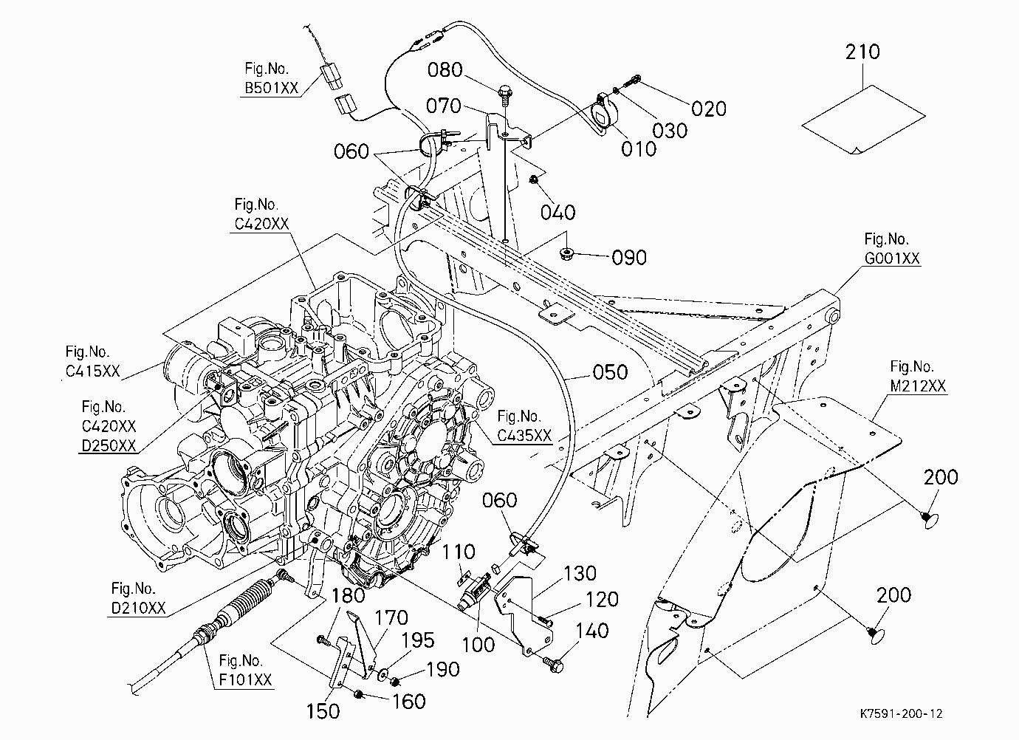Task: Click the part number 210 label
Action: [x=862, y=52]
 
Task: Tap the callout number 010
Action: [x=639, y=149]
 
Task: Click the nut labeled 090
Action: [x=566, y=253]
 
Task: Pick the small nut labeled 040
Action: [x=534, y=180]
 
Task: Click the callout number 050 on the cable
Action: [x=610, y=372]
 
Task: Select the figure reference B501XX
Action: [x=272, y=88]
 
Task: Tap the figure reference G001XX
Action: [x=892, y=258]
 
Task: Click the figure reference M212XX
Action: [x=918, y=386]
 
